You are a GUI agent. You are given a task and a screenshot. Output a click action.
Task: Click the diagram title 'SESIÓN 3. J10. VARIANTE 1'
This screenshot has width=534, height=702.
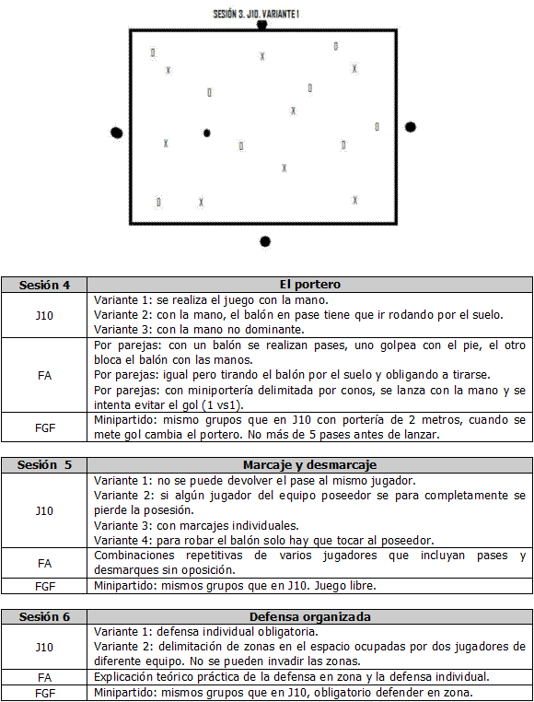pyautogui.click(x=256, y=14)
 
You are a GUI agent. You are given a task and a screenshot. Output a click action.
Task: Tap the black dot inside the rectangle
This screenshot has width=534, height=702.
pyautogui.click(x=207, y=133)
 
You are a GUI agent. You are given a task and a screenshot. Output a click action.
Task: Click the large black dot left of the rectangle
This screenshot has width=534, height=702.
pyautogui.click(x=116, y=133)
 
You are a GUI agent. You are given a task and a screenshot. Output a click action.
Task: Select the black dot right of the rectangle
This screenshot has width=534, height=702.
pyautogui.click(x=411, y=127)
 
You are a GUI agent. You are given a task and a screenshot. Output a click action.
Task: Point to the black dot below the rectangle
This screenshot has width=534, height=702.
pyautogui.click(x=265, y=241)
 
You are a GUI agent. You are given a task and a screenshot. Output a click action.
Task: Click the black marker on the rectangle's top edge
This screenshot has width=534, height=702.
pyautogui.click(x=261, y=25)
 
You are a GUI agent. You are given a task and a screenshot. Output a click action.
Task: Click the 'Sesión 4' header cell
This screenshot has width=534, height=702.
pyautogui.click(x=44, y=286)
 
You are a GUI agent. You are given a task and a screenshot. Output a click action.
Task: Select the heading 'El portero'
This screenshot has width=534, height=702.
pyautogui.click(x=309, y=285)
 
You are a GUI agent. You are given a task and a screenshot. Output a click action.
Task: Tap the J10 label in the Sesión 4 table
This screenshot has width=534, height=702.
pyautogui.click(x=44, y=316)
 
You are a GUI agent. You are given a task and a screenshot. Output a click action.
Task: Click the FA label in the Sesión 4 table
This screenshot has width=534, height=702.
pyautogui.click(x=44, y=376)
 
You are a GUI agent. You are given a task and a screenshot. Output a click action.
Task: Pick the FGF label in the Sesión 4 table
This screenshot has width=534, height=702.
pyautogui.click(x=45, y=428)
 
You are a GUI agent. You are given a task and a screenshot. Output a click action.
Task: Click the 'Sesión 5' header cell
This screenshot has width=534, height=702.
pyautogui.click(x=44, y=465)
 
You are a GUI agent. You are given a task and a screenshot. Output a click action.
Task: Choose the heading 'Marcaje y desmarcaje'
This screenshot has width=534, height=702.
pyautogui.click(x=309, y=465)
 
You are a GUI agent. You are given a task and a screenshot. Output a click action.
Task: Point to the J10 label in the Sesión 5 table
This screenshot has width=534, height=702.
pyautogui.click(x=44, y=510)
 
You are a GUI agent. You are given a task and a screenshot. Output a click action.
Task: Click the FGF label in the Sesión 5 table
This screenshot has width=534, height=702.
pyautogui.click(x=45, y=586)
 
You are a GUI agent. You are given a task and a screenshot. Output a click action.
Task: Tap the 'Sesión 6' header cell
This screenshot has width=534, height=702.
pyautogui.click(x=44, y=617)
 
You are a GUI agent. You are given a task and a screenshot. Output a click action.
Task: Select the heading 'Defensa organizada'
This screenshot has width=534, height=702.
pyautogui.click(x=309, y=617)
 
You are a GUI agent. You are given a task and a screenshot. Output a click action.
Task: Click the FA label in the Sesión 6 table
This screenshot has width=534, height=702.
pyautogui.click(x=44, y=678)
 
